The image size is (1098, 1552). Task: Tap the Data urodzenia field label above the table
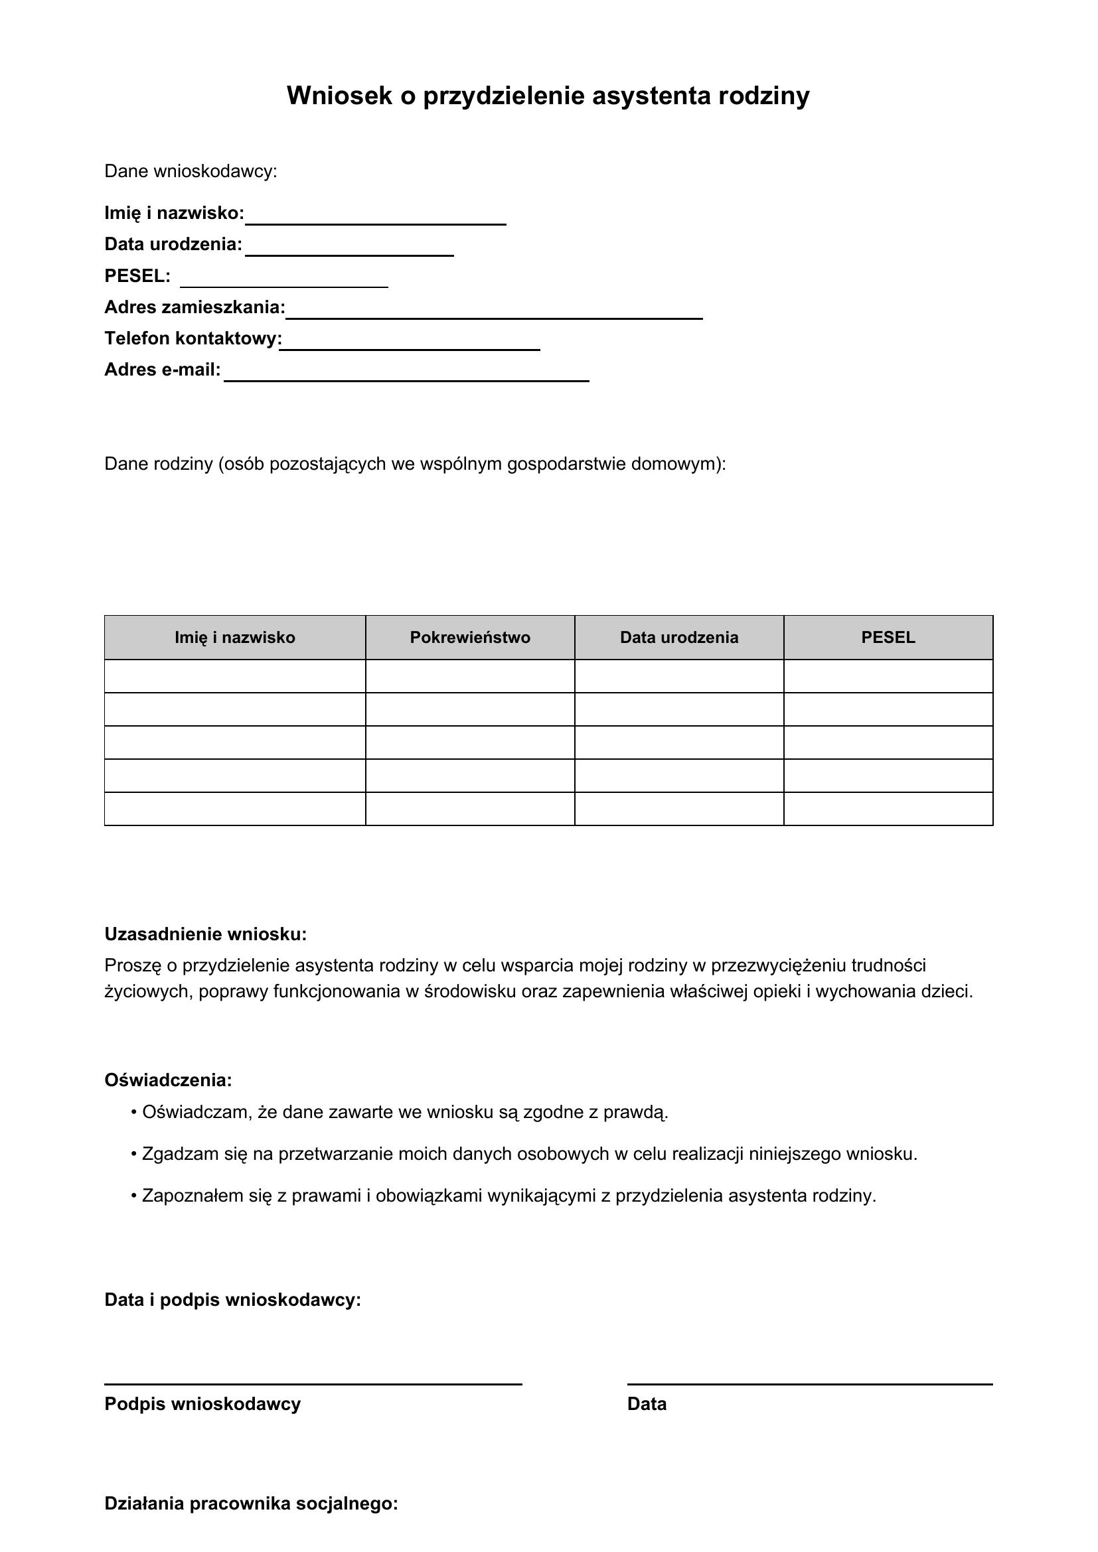tap(173, 245)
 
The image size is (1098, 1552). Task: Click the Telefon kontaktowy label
tap(193, 338)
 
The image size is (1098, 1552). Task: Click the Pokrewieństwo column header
tap(470, 638)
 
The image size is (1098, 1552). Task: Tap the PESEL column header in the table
tap(888, 638)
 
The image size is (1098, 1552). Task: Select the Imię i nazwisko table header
tap(234, 638)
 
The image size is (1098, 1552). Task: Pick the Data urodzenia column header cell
tap(679, 638)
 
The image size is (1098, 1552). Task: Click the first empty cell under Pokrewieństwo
tap(470, 676)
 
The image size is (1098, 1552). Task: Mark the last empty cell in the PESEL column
tap(888, 809)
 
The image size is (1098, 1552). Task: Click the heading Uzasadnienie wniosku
tap(206, 934)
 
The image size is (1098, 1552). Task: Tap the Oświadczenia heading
tap(168, 1080)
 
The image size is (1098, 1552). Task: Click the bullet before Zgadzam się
tap(134, 1154)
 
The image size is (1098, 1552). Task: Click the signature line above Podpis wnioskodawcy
tap(313, 1384)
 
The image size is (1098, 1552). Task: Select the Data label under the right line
tap(647, 1404)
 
